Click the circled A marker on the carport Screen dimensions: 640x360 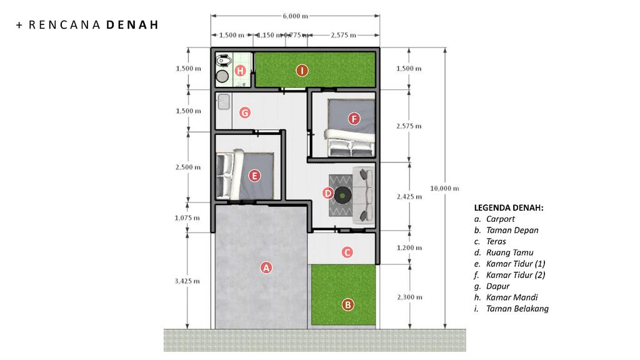click(266, 267)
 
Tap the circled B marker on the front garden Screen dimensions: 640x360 click(347, 304)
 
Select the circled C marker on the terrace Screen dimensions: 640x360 click(347, 252)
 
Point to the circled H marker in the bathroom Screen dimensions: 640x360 click(240, 71)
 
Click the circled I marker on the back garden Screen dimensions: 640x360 click(302, 71)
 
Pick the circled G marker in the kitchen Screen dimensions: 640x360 click(245, 112)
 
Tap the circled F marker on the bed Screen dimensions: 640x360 click(354, 119)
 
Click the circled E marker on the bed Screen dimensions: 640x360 click(254, 176)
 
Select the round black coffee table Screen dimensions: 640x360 click(342, 195)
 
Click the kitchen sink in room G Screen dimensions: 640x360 click(223, 102)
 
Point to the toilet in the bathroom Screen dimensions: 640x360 click(224, 61)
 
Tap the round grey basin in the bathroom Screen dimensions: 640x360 click(222, 76)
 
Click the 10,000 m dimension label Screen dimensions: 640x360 click(444, 188)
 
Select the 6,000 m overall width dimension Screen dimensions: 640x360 click(295, 16)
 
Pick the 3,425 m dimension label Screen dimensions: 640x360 click(187, 281)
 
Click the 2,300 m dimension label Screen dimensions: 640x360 click(410, 297)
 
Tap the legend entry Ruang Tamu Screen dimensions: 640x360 click(509, 252)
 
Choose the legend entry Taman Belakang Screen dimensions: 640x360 click(517, 309)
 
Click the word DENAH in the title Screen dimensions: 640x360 click(132, 25)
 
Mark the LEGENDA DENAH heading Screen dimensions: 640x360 click(509, 207)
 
